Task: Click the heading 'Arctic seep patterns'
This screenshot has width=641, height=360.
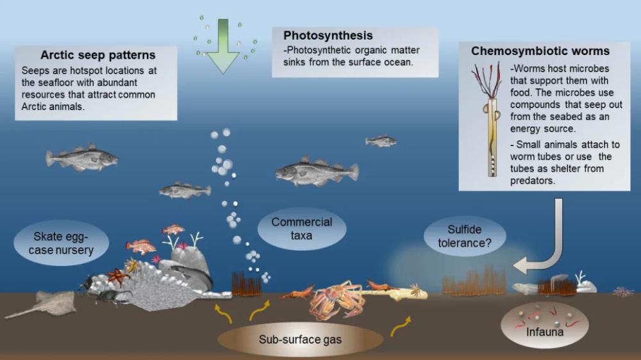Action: [98, 55]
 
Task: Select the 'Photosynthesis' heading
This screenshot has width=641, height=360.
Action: [328, 36]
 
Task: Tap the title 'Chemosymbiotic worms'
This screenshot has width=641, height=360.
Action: [540, 51]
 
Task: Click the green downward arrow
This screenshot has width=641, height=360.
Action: [223, 46]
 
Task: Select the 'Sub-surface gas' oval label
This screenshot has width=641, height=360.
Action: [300, 339]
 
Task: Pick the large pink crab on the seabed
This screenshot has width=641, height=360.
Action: [335, 297]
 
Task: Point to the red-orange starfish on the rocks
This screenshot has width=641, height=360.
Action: [118, 276]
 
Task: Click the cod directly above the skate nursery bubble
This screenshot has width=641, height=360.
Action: [81, 158]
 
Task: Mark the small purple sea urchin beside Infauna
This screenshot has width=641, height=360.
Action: [622, 292]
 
